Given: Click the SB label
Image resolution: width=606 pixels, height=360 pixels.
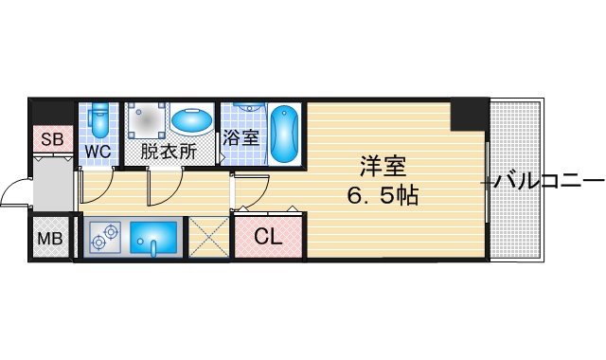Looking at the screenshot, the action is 51,140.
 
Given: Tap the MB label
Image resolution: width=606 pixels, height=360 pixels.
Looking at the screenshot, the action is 49,238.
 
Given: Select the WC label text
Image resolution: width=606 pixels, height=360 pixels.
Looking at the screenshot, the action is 98,152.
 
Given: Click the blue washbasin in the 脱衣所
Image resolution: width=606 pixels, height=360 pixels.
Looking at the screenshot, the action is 192,121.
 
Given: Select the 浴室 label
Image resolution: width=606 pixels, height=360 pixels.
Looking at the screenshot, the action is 241,137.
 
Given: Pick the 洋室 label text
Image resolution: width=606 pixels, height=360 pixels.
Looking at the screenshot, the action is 383,168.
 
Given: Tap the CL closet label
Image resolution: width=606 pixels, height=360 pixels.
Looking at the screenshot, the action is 268,238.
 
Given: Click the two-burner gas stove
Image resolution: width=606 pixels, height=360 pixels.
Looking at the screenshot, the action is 105,238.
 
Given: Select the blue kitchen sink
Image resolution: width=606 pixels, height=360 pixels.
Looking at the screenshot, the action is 153,238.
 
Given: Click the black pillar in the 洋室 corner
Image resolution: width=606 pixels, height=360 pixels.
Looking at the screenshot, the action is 467,116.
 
